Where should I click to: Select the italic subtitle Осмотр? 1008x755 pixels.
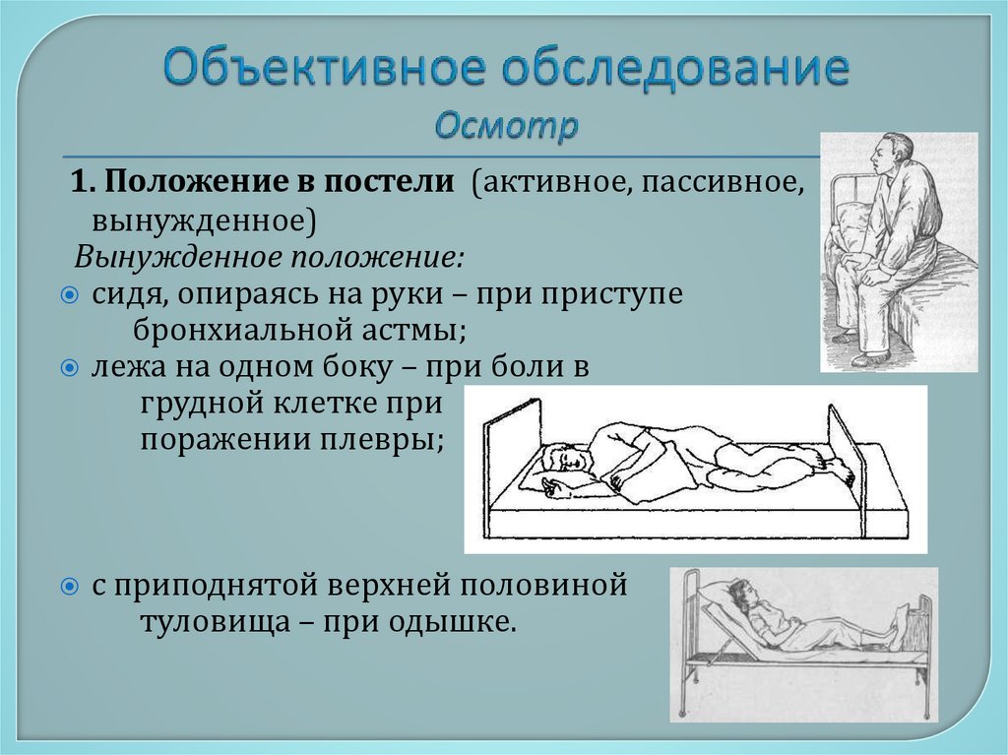[505, 126]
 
